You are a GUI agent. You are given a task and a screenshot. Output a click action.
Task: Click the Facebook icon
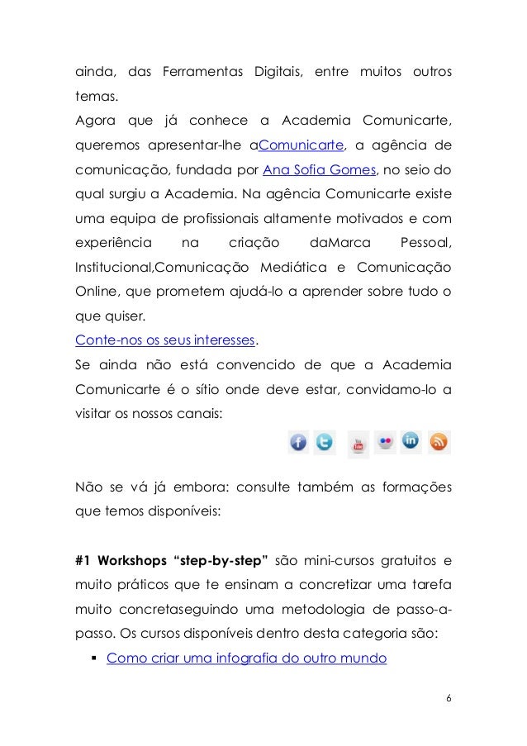tap(297, 443)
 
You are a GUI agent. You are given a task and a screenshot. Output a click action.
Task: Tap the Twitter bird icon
tap(324, 443)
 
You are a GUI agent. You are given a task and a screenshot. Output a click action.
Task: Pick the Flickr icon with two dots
tap(384, 442)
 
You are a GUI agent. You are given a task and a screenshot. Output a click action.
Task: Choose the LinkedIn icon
tap(411, 441)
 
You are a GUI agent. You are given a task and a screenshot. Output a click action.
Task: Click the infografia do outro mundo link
tap(246, 658)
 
